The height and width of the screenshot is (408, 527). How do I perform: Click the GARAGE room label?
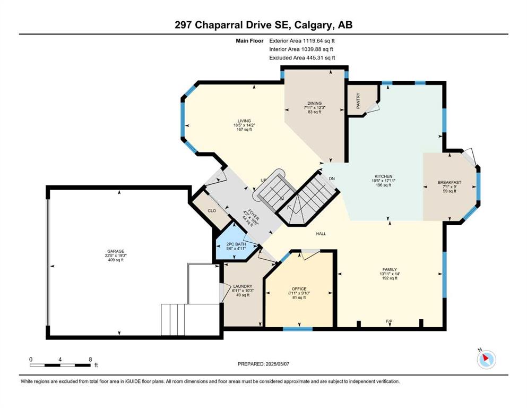click(116, 251)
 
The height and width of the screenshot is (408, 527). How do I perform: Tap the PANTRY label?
click(358, 100)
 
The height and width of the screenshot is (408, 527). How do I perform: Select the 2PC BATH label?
click(236, 244)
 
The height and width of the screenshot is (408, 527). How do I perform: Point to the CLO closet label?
click(212, 211)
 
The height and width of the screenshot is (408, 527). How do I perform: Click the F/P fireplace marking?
click(389, 321)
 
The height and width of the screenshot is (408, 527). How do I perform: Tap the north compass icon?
click(486, 359)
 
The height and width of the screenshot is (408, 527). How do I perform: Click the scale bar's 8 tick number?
click(90, 360)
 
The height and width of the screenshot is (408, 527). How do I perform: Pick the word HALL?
click(321, 234)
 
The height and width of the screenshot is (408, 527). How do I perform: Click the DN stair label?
click(332, 178)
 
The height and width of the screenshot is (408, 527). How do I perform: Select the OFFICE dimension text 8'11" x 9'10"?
click(299, 293)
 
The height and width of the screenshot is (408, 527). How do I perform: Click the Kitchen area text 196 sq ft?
click(384, 185)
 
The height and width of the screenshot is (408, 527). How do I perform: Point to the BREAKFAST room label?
click(450, 182)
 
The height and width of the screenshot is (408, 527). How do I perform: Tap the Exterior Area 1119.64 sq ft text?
click(302, 41)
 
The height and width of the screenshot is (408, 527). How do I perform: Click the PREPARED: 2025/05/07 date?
click(263, 364)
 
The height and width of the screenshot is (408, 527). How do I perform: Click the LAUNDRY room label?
click(243, 286)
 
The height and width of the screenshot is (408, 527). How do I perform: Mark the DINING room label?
click(315, 103)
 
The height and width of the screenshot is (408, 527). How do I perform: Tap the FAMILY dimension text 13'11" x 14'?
click(390, 274)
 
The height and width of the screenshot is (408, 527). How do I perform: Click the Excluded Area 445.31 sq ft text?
click(302, 58)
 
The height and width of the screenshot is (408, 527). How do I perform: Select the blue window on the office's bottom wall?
click(297, 329)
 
